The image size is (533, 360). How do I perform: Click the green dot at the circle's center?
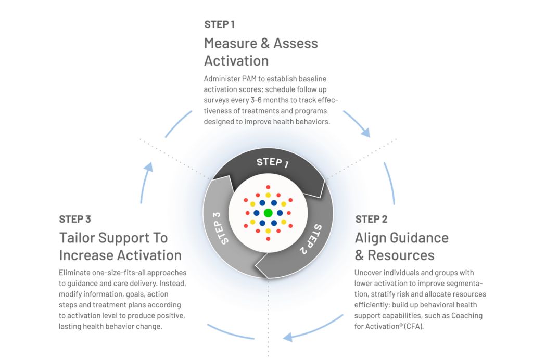[268, 213]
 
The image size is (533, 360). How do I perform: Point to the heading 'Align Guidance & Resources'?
[401, 247]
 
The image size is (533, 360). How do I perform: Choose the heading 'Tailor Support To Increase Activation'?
[120, 247]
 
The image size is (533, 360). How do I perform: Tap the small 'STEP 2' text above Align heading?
[371, 219]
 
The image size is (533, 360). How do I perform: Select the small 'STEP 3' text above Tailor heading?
[75, 218]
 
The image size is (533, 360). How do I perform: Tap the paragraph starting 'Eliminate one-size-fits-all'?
[123, 299]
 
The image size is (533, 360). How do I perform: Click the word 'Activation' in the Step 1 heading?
[236, 61]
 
